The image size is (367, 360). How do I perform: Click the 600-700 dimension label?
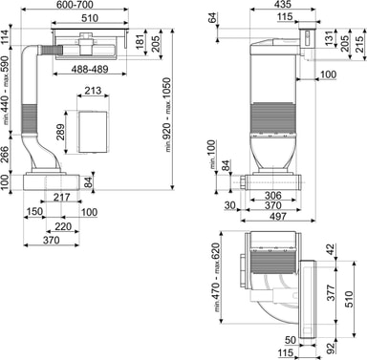[x=75, y=5]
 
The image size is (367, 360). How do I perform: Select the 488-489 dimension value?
[x=90, y=69]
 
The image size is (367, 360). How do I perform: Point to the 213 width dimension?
[x=93, y=91]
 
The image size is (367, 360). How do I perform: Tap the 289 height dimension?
[x=60, y=132]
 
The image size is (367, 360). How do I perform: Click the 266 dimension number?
[x=5, y=155]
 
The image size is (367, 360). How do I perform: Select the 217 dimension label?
[x=61, y=198]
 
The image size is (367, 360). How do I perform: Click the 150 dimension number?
[x=34, y=212]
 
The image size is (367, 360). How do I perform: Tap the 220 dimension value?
[x=63, y=226]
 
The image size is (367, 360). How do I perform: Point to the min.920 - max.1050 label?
[x=168, y=115]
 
